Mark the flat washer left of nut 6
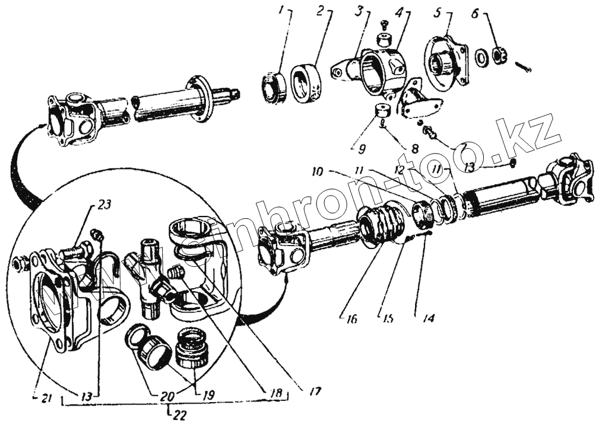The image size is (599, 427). pyautogui.click(x=481, y=57)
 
